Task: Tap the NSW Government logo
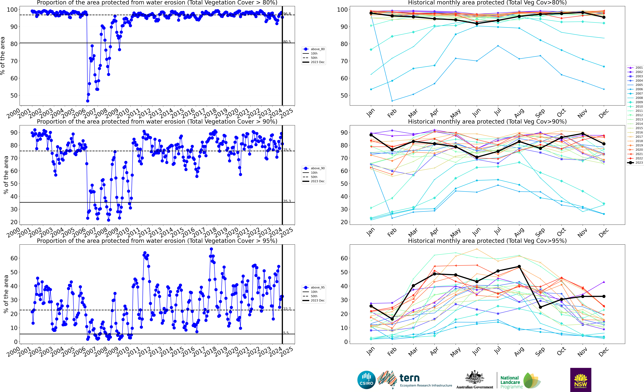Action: coord(581,380)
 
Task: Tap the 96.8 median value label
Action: coord(287,14)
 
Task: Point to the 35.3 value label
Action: coord(287,201)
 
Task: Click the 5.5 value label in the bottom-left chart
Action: coord(286,333)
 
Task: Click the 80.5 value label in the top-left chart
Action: coord(287,42)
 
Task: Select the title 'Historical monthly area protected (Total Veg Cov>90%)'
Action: coord(487,122)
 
